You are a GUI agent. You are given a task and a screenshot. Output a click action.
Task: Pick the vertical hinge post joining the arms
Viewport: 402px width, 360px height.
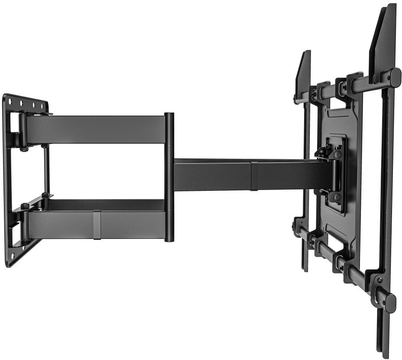[169, 177]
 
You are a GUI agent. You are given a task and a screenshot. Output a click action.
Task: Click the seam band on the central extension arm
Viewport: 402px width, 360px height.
[254, 176]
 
